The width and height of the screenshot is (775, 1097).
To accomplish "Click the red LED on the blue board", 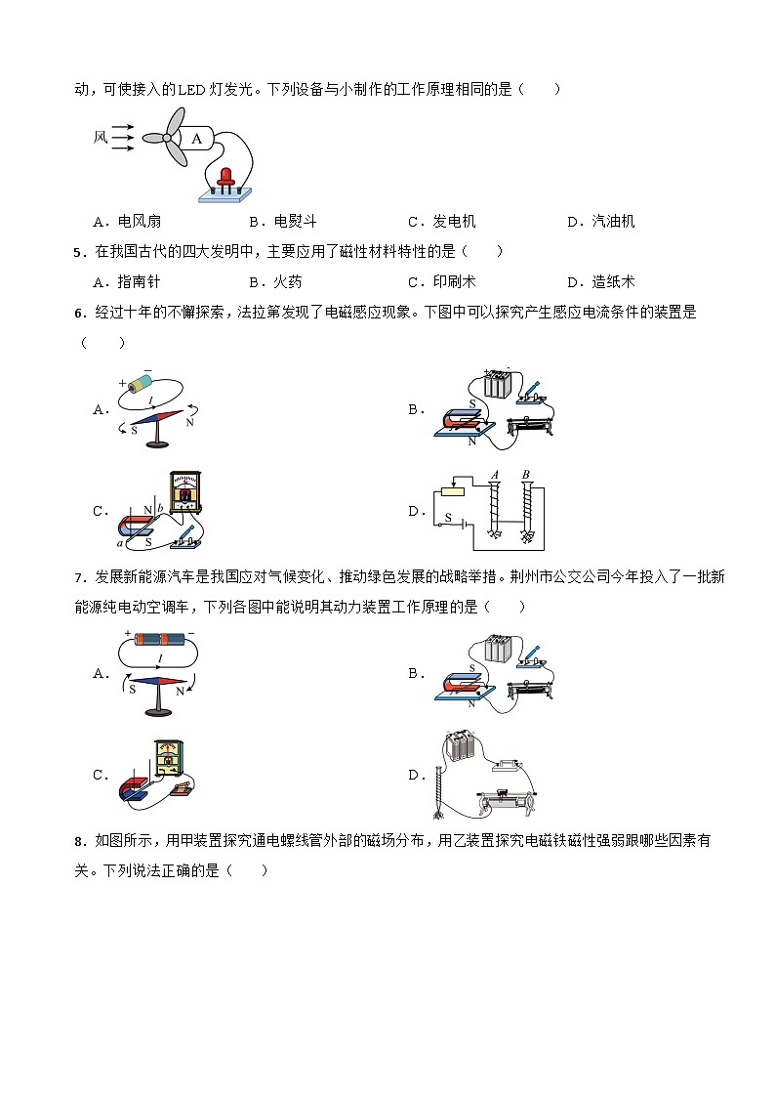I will point(226,177).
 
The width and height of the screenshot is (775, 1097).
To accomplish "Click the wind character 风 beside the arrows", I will point(100,138).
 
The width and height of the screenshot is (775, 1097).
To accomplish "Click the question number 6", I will point(78,313).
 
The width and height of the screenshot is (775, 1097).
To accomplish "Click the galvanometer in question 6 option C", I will point(184,492).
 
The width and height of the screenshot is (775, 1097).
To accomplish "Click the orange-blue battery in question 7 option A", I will point(157,640).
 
